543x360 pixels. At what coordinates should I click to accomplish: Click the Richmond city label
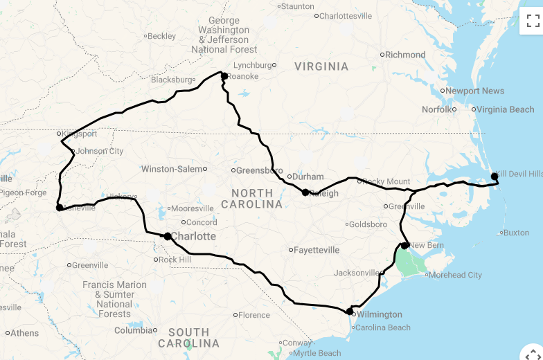click(405, 55)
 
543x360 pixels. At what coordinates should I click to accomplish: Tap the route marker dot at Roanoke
click(224, 76)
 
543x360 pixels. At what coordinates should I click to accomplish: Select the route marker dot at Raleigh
click(305, 192)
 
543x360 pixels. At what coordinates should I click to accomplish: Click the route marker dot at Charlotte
click(168, 236)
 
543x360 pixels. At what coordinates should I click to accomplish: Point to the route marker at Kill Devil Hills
click(495, 176)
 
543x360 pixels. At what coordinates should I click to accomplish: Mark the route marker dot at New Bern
click(404, 245)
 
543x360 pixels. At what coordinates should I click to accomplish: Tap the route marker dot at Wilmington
click(350, 312)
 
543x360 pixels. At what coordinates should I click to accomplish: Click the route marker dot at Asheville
click(60, 207)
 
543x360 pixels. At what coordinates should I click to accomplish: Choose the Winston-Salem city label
click(172, 169)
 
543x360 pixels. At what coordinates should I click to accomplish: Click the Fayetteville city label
click(317, 250)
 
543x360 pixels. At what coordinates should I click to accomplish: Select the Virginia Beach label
click(505, 109)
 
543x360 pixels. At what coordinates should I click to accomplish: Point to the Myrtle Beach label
click(317, 353)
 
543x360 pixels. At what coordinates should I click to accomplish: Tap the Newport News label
click(474, 91)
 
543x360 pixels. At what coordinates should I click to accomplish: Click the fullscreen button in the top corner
click(533, 21)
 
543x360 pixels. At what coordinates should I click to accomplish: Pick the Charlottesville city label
click(346, 16)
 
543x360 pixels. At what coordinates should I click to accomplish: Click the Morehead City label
click(455, 275)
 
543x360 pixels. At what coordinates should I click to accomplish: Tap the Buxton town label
click(516, 233)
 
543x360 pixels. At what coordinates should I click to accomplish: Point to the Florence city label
click(254, 315)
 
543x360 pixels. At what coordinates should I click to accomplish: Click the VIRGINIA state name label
click(321, 66)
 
